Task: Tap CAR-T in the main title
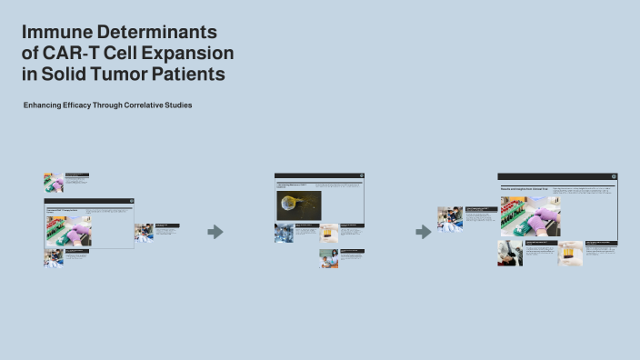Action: click(x=72, y=53)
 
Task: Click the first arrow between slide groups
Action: click(x=215, y=232)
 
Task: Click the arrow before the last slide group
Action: click(x=423, y=232)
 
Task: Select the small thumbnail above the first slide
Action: click(x=53, y=182)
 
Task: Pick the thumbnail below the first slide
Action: click(x=53, y=258)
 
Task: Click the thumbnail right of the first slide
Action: click(x=144, y=232)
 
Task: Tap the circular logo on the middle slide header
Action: click(x=359, y=176)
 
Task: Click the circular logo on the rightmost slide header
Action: click(x=614, y=177)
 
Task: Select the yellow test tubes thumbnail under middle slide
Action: click(x=329, y=233)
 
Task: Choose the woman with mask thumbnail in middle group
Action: click(x=328, y=258)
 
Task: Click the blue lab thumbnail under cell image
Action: click(x=284, y=233)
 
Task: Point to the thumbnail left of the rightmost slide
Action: click(x=450, y=218)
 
